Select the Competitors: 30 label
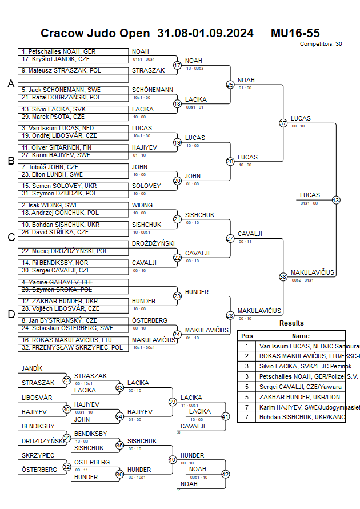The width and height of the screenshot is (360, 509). [x=321, y=43]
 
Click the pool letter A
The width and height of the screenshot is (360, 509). [x=11, y=84]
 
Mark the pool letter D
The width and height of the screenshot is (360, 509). [x=11, y=314]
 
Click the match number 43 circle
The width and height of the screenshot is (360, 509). [x=335, y=200]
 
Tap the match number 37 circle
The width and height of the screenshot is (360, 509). [x=283, y=123]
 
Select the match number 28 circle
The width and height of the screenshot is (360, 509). [x=230, y=315]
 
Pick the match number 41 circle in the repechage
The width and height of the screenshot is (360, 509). [x=225, y=416]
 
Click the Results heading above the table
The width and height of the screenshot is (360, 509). [x=291, y=323]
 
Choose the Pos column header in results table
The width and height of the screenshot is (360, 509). [x=247, y=336]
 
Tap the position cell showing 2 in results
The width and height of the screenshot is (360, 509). [x=247, y=356]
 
